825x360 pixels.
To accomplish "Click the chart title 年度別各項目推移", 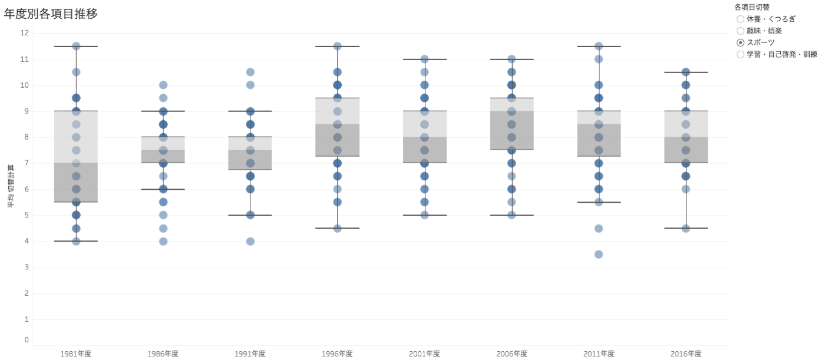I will (51, 14).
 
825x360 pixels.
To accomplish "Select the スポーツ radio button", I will (741, 42).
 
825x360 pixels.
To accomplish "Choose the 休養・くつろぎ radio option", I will (741, 19).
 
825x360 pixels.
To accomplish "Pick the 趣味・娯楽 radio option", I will (741, 31).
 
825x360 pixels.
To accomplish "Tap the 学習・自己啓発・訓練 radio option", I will (741, 54).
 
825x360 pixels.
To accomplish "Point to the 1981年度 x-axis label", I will (76, 354).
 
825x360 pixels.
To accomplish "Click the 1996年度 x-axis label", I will (337, 354).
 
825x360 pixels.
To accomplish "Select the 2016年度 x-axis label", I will (686, 354).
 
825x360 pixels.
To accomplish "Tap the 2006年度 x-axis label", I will (511, 354).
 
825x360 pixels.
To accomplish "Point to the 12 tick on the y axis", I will (24, 33).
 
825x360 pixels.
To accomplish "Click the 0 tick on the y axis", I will (26, 339).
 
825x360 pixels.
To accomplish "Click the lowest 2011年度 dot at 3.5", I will (599, 255).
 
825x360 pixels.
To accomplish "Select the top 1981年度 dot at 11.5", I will (76, 46).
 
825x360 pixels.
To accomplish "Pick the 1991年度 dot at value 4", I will (250, 241).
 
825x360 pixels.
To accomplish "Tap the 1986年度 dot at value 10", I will (163, 85).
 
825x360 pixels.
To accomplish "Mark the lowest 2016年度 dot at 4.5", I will (686, 228).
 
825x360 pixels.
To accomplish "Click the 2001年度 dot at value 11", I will (424, 59).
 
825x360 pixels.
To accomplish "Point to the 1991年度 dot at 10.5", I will (250, 72).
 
